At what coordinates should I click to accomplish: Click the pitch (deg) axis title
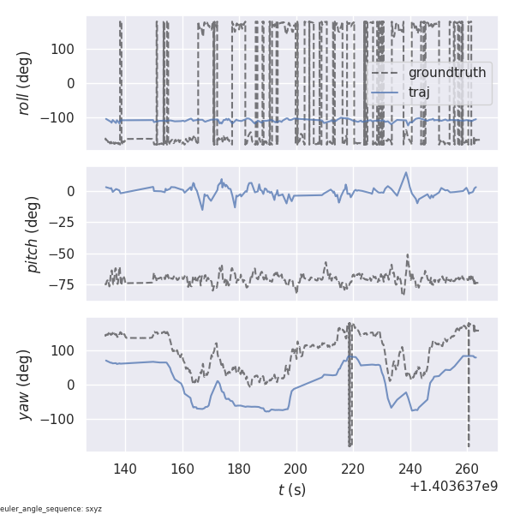pos(33,234)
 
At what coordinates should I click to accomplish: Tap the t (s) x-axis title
pos(291,490)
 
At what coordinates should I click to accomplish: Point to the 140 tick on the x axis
pos(125,469)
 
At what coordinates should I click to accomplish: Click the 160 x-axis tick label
pos(182,469)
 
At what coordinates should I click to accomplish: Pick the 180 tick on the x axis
pos(239,469)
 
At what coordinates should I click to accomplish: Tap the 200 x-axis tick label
pos(296,469)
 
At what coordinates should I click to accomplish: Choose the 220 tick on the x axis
pos(353,469)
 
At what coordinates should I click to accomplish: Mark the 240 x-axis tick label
pos(410,469)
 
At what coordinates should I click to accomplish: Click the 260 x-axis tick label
pos(467,469)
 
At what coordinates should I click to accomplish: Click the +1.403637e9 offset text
pos(453,487)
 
